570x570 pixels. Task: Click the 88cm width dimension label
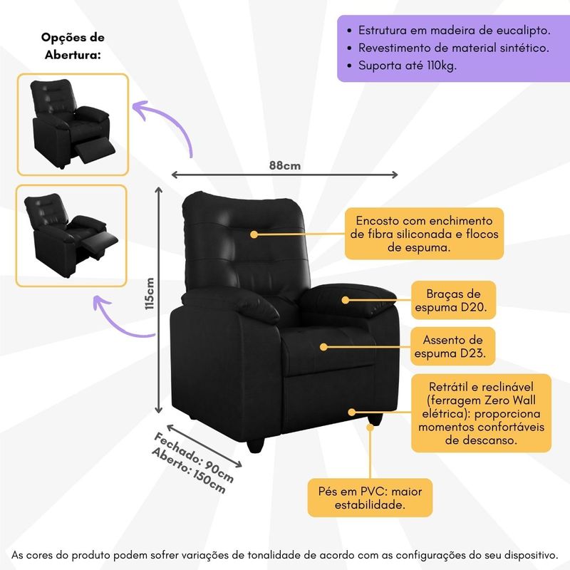tap(285, 165)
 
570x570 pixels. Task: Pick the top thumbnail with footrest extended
tap(73, 124)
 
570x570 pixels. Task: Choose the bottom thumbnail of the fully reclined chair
tap(71, 235)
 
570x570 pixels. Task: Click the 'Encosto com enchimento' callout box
tap(424, 234)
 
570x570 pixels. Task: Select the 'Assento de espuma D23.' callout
tap(453, 346)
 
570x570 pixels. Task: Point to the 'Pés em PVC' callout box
tap(370, 497)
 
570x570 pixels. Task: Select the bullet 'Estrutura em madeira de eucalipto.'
tap(454, 31)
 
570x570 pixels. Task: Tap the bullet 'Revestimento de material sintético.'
tap(453, 48)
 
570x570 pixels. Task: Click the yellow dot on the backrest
tap(253, 233)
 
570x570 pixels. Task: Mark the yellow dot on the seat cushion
tap(323, 347)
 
